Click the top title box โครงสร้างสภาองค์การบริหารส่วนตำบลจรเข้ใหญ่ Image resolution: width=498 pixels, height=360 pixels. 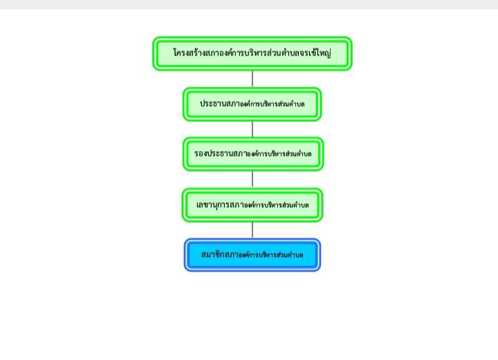tap(252, 53)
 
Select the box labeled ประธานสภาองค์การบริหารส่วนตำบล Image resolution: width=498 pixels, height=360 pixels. tap(252, 105)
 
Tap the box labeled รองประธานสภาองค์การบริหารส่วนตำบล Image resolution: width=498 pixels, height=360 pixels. tap(253, 154)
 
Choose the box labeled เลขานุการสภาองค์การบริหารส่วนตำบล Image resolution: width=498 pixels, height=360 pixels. tap(252, 205)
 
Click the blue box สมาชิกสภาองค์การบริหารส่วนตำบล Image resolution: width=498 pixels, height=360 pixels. tap(252, 255)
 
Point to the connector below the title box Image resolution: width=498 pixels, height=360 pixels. tap(252, 79)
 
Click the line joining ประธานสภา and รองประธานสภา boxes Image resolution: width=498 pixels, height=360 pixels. tap(252, 129)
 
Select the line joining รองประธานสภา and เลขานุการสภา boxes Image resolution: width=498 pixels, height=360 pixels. tap(252, 180)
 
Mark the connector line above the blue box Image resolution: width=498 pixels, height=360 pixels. tap(252, 231)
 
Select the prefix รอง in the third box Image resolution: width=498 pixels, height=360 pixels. tap(201, 154)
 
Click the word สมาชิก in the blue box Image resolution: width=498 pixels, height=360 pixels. tap(212, 254)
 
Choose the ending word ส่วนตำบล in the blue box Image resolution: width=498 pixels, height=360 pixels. tap(290, 255)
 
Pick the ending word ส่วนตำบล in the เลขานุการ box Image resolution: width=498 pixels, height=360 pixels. tap(296, 205)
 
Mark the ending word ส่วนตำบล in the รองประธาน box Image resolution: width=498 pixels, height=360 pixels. tap(298, 154)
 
